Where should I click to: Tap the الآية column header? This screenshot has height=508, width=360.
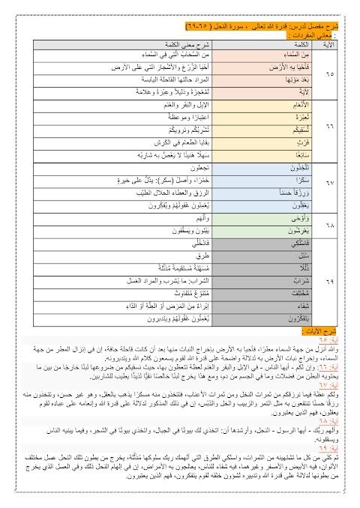(327, 44)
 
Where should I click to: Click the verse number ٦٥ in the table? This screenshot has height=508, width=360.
(327, 74)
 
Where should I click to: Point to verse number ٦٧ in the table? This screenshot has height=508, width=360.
(327, 181)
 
